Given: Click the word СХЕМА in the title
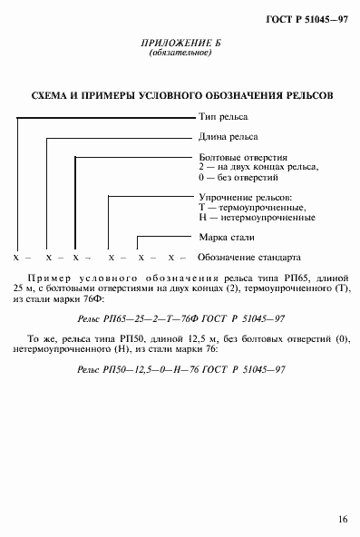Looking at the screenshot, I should (54, 94).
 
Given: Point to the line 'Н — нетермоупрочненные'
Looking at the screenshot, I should (257, 219).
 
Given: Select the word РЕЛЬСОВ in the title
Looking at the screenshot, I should (305, 94).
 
